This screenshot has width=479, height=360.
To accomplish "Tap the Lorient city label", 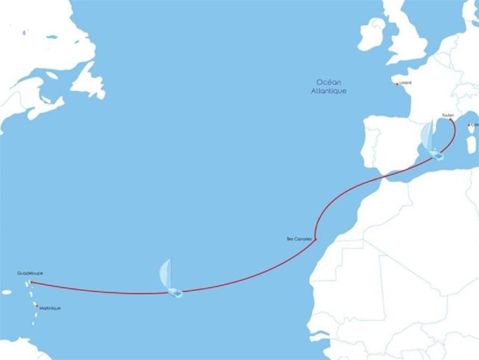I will point(405,83).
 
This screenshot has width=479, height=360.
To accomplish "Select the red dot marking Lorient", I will point(398,83).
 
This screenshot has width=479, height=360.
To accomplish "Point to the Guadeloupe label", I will point(30,273).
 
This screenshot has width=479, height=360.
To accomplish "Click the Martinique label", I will point(50,308).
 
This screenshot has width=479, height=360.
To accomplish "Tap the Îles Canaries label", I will point(298,239).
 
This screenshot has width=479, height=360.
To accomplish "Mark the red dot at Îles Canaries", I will point(315,239).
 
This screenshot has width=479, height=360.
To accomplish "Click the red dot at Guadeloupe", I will point(31,282).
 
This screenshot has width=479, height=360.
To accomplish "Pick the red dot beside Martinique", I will point(36,304).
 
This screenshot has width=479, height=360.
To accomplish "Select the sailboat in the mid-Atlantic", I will point(170,279).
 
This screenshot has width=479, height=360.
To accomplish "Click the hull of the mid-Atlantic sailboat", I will point(174,293).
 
